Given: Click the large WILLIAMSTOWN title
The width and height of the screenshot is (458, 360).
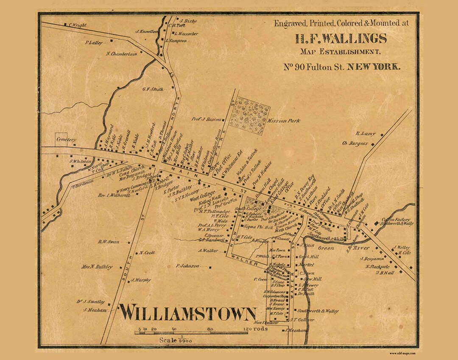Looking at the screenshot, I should pos(187,313).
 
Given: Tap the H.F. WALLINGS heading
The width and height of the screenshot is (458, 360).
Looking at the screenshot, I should pos(341,39).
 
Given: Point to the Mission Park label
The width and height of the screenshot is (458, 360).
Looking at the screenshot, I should pos(283,120).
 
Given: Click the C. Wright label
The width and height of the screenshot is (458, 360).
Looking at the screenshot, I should pos(77,25).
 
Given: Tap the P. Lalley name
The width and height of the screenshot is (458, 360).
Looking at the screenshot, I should pos(94,42).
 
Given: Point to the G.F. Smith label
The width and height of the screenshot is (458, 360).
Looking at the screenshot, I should pos(153,89).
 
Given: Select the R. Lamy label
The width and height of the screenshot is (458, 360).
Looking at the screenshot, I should pos(365,134).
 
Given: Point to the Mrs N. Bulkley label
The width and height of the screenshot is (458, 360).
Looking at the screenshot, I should pos(97,267).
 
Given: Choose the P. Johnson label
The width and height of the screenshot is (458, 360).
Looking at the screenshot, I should pos(187,266).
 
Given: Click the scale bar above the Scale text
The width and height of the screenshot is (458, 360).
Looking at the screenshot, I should pos(191,333).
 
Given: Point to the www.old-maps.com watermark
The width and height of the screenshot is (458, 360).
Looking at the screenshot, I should pos(402,353).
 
